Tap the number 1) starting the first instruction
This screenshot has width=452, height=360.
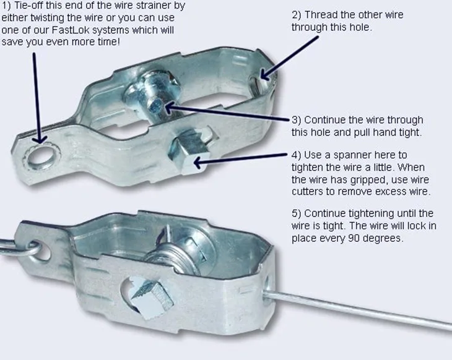[7, 6]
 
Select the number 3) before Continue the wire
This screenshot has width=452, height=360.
[297, 120]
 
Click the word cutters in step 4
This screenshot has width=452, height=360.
[311, 192]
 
